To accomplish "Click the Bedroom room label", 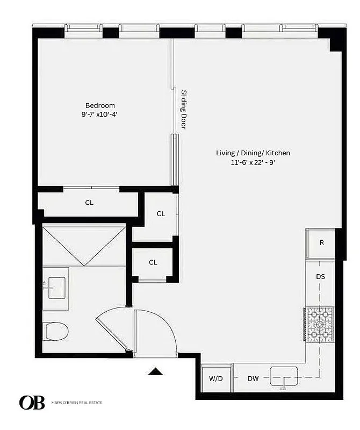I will (100, 105).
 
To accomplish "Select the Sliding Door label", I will (183, 109).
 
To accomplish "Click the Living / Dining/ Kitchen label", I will (253, 153).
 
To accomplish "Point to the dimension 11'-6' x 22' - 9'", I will (253, 162).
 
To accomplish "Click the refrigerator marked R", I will (321, 243).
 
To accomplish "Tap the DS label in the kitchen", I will (320, 277).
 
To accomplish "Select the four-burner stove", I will (319, 325).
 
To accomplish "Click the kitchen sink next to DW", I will (284, 377).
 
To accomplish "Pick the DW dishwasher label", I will (253, 378).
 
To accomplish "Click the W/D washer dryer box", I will (216, 378).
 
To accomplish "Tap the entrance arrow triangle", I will (155, 371).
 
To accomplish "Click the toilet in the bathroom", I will (55, 331).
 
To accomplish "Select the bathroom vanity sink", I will (56, 288).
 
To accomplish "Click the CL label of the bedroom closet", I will (89, 203).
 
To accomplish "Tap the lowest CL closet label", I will (153, 262).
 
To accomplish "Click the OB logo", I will (32, 403).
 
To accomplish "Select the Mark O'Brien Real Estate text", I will (77, 403).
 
